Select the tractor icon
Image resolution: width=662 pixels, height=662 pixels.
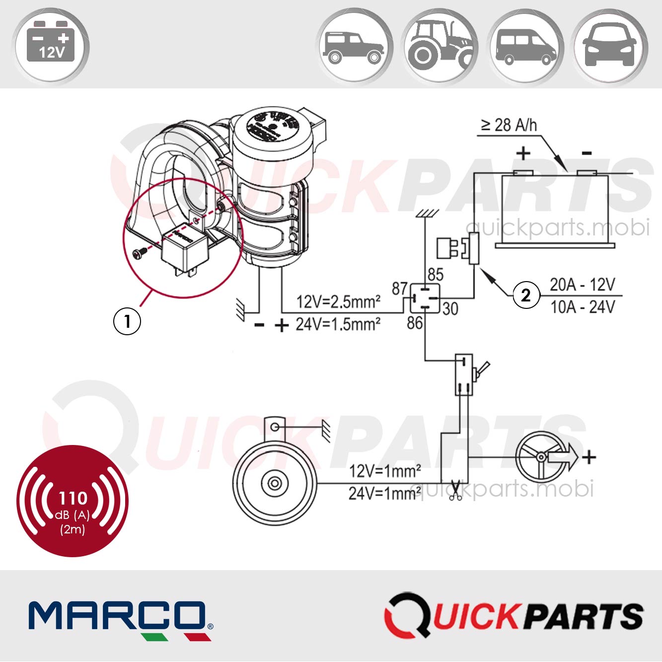(440, 46)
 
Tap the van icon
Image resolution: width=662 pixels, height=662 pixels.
(525, 46)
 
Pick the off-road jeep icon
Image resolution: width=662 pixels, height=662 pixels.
(354, 46)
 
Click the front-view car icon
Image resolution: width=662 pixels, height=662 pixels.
(610, 46)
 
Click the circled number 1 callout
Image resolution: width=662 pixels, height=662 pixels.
(127, 321)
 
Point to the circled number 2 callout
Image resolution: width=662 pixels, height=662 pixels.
(526, 295)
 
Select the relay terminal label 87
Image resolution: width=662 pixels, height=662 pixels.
(400, 288)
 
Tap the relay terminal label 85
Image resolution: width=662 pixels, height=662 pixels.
(435, 274)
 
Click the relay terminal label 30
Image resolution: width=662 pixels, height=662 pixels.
(450, 309)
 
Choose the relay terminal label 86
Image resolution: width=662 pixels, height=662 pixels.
(415, 323)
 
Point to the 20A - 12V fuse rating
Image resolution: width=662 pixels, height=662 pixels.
(582, 285)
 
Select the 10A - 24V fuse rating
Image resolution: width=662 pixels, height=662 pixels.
(582, 307)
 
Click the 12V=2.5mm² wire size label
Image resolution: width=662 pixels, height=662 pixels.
(338, 301)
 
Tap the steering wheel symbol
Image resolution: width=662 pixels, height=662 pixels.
(540, 457)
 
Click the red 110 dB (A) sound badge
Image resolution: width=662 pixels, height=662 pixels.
(73, 501)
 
